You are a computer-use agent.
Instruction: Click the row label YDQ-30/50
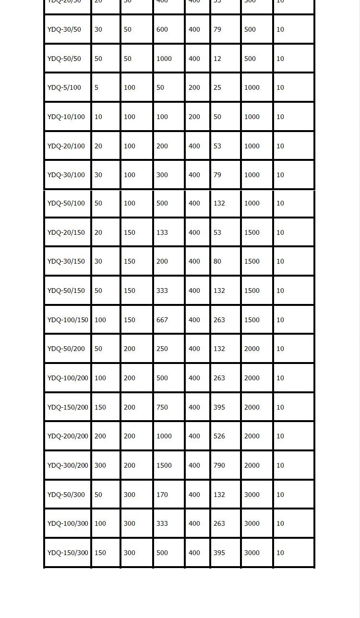click(64, 29)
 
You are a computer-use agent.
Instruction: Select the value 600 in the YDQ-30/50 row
click(162, 29)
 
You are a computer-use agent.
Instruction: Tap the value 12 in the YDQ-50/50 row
click(217, 59)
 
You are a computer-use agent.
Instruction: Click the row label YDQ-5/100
click(64, 87)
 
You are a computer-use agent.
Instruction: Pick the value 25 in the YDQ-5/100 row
click(217, 87)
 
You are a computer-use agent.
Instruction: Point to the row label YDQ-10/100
click(66, 117)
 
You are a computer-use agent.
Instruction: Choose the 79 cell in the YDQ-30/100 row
click(217, 175)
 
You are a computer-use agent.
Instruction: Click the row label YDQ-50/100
click(66, 203)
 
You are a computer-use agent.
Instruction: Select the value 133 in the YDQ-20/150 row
click(162, 232)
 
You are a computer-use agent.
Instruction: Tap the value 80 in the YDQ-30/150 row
click(217, 261)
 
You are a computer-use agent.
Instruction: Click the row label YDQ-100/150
click(68, 320)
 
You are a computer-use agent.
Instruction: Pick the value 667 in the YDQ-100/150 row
click(162, 320)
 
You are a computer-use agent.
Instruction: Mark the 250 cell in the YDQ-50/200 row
click(162, 349)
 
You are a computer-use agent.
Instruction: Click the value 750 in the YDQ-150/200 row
click(162, 407)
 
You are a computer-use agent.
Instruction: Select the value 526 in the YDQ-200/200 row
click(219, 436)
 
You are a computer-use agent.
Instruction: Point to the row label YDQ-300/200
click(68, 465)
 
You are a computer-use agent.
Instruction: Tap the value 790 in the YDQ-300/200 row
click(219, 465)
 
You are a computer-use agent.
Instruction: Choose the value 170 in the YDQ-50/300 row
click(162, 495)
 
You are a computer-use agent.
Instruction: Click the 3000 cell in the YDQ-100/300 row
click(252, 523)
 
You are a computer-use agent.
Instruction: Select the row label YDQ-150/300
click(68, 553)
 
